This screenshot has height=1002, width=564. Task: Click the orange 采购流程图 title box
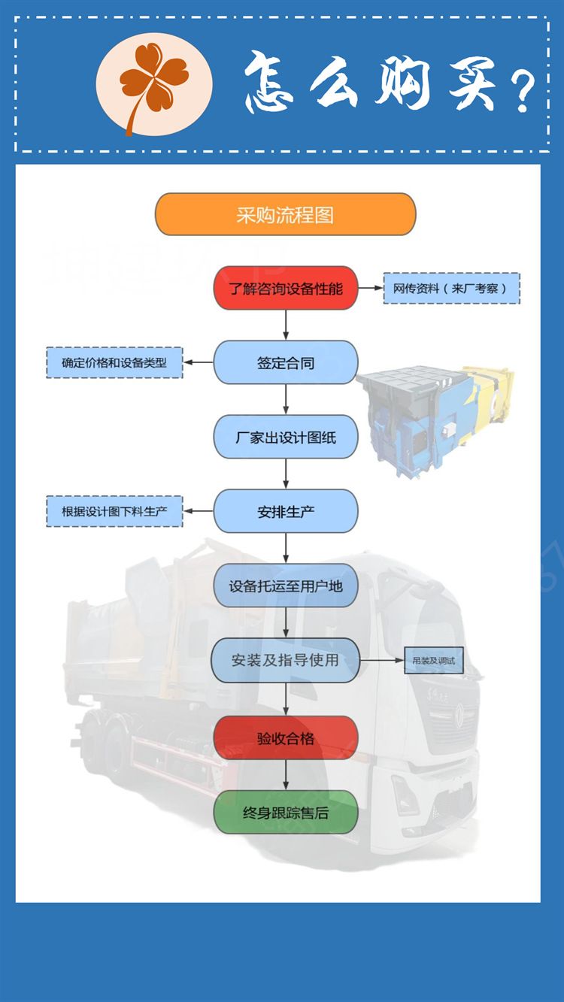[285, 215]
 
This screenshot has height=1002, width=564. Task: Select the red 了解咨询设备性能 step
[285, 288]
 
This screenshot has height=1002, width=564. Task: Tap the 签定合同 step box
[285, 362]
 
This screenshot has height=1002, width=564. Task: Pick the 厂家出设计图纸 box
[285, 437]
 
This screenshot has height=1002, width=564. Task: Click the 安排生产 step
[285, 511]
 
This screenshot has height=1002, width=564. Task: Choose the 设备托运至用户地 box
[285, 586]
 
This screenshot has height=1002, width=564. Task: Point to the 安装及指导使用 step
[285, 660]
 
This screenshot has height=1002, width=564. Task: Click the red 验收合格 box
[285, 737]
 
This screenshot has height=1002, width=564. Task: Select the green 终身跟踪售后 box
[285, 812]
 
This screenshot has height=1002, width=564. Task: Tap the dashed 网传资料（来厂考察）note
[451, 288]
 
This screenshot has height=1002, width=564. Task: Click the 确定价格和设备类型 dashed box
[114, 362]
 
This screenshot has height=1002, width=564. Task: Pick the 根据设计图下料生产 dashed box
[114, 511]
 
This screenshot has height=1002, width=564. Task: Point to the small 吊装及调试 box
[434, 660]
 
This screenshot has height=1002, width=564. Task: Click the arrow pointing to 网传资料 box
[369, 288]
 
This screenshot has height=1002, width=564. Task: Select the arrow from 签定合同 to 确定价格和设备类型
[199, 362]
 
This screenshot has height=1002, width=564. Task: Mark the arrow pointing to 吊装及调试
[381, 660]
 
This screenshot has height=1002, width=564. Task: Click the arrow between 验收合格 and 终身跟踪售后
[286, 774]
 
